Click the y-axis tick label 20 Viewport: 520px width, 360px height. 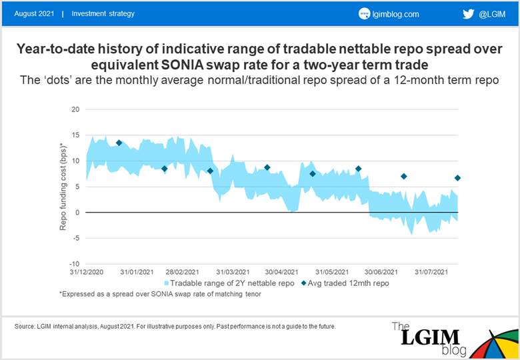click(x=75, y=109)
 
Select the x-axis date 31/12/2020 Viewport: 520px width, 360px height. click(x=86, y=272)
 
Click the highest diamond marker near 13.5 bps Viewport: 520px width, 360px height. click(x=119, y=143)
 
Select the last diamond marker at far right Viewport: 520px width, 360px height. click(x=457, y=178)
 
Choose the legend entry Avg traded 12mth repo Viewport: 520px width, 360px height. click(x=345, y=283)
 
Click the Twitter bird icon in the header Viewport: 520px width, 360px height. click(x=467, y=13)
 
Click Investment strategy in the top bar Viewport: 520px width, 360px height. click(x=103, y=13)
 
